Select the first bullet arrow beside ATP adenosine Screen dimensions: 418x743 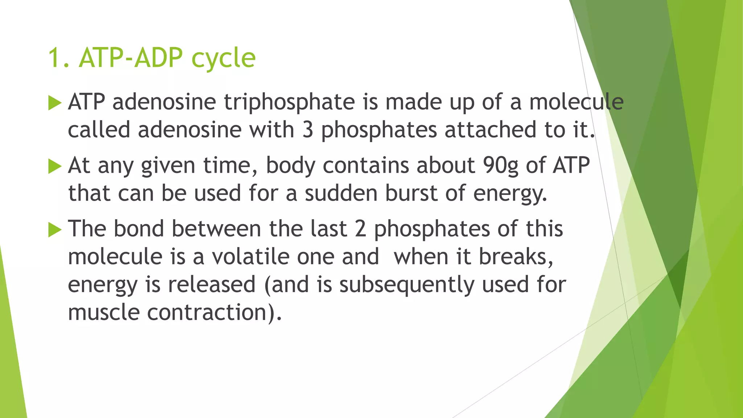tap(55, 103)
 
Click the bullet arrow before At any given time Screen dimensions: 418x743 tap(55, 167)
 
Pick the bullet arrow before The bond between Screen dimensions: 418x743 tap(55, 230)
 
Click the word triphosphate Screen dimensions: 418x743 tap(289, 102)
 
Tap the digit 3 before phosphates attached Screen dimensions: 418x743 tap(308, 130)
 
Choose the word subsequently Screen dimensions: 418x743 tap(407, 285)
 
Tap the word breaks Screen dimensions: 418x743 tap(516, 257)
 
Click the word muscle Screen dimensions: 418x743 tap(104, 312)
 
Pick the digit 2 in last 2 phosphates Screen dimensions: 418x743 tap(360, 230)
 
